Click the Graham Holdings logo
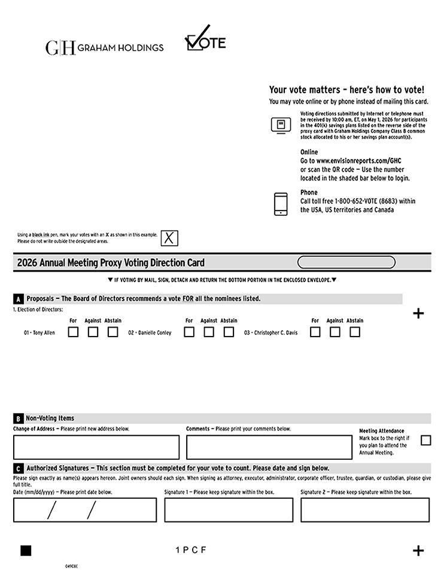pyautogui.click(x=104, y=47)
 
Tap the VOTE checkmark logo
pyautogui.click(x=205, y=39)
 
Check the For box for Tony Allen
pyautogui.click(x=73, y=332)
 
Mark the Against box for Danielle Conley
pyautogui.click(x=209, y=332)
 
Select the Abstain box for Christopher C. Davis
pyautogui.click(x=355, y=332)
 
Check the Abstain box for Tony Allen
pyautogui.click(x=112, y=332)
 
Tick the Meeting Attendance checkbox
pyautogui.click(x=425, y=441)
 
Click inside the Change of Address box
pyautogui.click(x=96, y=447)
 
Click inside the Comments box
pyautogui.click(x=269, y=447)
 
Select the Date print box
pyautogui.click(x=84, y=510)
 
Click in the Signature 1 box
pyautogui.click(x=229, y=510)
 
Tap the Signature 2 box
pyautogui.click(x=364, y=510)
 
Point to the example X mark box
pyautogui.click(x=169, y=238)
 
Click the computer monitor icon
pyautogui.click(x=281, y=125)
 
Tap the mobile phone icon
pyautogui.click(x=281, y=204)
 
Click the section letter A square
pyautogui.click(x=19, y=299)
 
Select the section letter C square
pyautogui.click(x=19, y=469)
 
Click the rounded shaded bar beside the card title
pyautogui.click(x=346, y=262)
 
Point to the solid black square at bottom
pyautogui.click(x=26, y=551)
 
